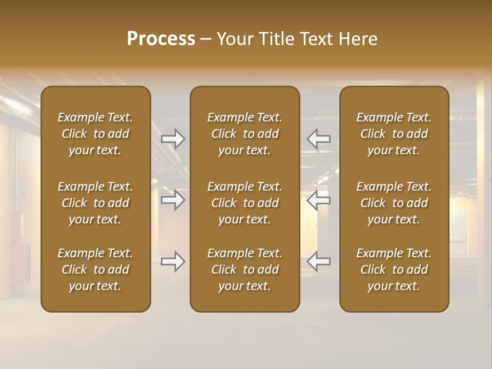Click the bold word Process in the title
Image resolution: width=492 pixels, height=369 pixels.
tap(161, 39)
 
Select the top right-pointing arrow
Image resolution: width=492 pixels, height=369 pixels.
tap(173, 138)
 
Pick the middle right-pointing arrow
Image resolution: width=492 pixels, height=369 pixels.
tap(173, 200)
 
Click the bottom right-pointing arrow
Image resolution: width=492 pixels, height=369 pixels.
tap(173, 261)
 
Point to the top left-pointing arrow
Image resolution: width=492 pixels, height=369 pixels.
tap(318, 138)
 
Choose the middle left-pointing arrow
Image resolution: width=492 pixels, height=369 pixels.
tap(318, 200)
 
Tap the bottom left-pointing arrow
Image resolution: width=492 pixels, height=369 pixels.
tap(318, 261)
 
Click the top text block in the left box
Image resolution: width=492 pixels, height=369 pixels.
tap(95, 134)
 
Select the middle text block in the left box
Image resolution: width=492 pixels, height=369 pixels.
tap(95, 203)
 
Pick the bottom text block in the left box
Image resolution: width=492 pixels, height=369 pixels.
tap(95, 270)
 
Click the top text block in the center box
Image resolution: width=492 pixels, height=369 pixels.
tap(244, 134)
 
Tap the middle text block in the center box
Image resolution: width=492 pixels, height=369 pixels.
tap(244, 203)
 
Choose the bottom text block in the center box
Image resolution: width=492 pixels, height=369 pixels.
tap(244, 270)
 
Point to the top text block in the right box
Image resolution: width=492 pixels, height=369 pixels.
tap(394, 134)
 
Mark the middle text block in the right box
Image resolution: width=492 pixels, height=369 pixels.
tap(394, 203)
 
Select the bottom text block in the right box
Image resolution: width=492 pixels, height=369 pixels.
tap(394, 270)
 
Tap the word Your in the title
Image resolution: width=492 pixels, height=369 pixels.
tap(234, 39)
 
